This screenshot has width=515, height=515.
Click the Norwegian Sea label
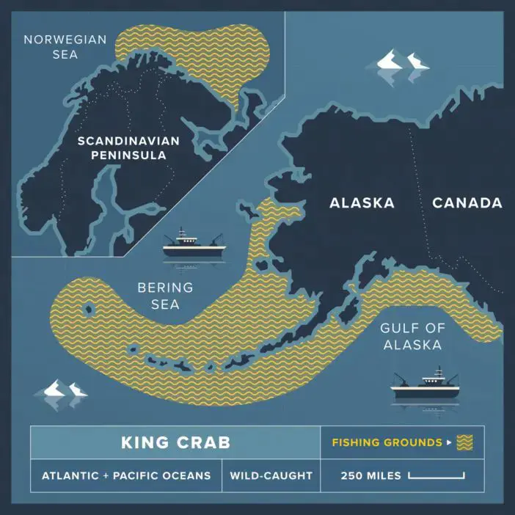coord(65,45)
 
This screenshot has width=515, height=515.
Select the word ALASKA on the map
coord(362,203)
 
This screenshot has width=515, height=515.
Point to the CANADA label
coord(467,203)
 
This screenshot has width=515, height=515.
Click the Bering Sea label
coord(165,295)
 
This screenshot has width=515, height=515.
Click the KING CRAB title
coord(175,442)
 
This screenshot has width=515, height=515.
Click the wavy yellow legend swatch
coord(464,442)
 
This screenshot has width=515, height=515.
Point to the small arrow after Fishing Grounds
coord(448,443)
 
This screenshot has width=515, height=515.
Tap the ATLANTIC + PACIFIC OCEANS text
coord(125,475)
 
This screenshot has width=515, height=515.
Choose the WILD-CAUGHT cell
coord(271,475)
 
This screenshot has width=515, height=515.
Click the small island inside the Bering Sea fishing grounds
coord(90,309)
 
